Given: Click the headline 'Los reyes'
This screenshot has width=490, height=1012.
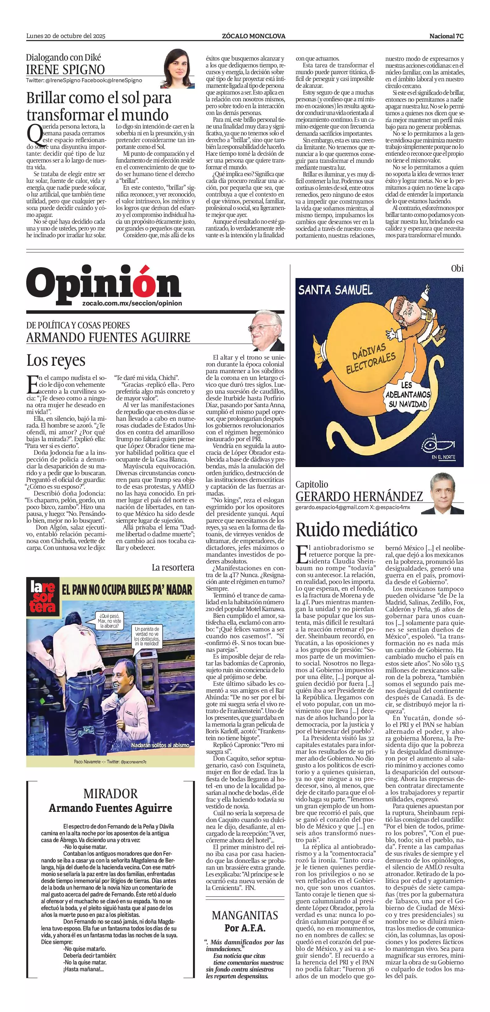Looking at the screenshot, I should click(x=56, y=360).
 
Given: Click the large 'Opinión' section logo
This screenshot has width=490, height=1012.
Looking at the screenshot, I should click(x=104, y=284).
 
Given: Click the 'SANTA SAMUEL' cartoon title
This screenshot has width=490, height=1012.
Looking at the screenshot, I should click(x=335, y=290).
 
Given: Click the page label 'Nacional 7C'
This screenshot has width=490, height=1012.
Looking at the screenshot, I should click(x=446, y=36).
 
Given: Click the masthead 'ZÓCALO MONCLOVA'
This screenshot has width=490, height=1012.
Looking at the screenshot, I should click(x=253, y=36).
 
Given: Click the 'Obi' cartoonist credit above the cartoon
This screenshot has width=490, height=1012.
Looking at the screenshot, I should click(x=457, y=269).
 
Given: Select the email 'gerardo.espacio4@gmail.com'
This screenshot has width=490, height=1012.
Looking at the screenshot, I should click(x=332, y=507).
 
